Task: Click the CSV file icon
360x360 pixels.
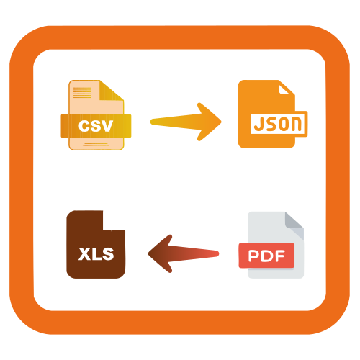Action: point(96,115)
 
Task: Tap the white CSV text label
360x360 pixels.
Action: point(96,126)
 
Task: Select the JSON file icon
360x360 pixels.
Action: point(273,114)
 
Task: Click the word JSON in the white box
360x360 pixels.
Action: point(278,124)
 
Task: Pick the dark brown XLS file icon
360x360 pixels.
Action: point(96,244)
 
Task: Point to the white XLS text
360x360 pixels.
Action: point(96,254)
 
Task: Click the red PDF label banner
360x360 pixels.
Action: point(266,256)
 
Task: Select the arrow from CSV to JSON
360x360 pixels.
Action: point(186,122)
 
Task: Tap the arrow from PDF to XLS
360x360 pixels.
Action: point(184,253)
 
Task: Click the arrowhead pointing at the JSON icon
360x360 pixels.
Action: point(209,122)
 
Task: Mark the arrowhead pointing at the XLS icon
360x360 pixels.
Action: point(161,253)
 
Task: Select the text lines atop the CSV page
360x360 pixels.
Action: point(82,93)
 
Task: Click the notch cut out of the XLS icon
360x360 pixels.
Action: point(114,220)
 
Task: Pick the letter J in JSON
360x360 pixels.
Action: point(258,124)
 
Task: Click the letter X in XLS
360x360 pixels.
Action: point(84,254)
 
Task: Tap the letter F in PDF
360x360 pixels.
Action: point(279,256)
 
